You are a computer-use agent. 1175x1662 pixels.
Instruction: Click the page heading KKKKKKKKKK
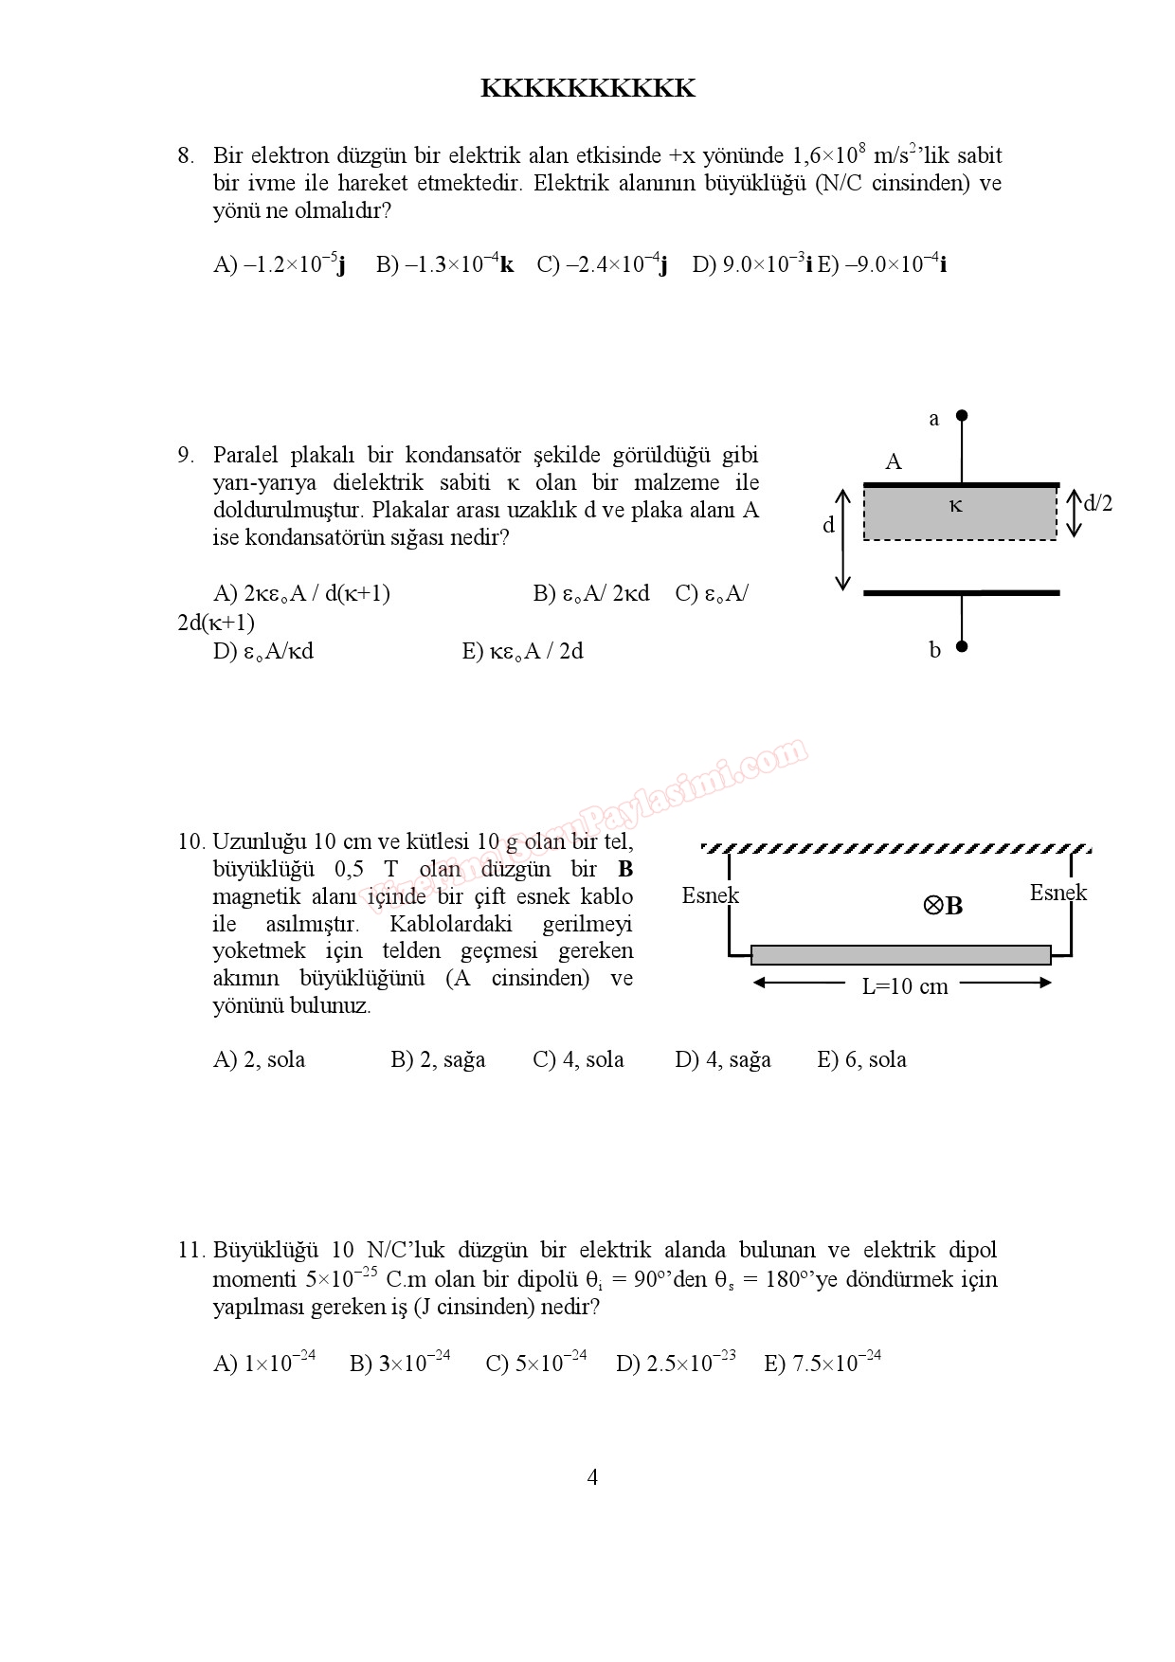(587, 88)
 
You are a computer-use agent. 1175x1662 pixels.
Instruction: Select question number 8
(186, 155)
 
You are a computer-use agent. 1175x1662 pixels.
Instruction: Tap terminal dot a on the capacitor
(962, 415)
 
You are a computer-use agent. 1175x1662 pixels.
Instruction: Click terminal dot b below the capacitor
(962, 647)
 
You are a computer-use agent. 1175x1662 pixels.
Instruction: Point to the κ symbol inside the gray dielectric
(956, 506)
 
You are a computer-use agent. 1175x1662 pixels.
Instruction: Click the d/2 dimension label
(1097, 503)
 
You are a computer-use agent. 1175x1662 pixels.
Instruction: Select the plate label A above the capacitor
(894, 462)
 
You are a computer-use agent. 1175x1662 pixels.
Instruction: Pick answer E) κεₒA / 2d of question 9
(522, 651)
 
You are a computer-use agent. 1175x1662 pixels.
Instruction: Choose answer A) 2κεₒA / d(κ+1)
(301, 594)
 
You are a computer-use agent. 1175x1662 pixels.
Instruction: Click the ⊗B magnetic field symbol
(943, 906)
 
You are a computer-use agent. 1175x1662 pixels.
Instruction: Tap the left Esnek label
(710, 895)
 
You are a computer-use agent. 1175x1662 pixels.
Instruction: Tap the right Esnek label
(1058, 893)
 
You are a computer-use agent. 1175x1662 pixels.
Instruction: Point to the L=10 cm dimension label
(904, 986)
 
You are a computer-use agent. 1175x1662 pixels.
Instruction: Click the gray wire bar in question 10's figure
(900, 954)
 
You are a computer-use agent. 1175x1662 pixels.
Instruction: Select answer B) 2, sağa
(438, 1059)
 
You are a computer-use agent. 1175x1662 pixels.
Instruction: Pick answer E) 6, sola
(861, 1059)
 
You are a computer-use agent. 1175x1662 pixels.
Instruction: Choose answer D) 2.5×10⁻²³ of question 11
(676, 1363)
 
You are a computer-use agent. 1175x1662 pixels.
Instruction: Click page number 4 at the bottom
(592, 1477)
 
